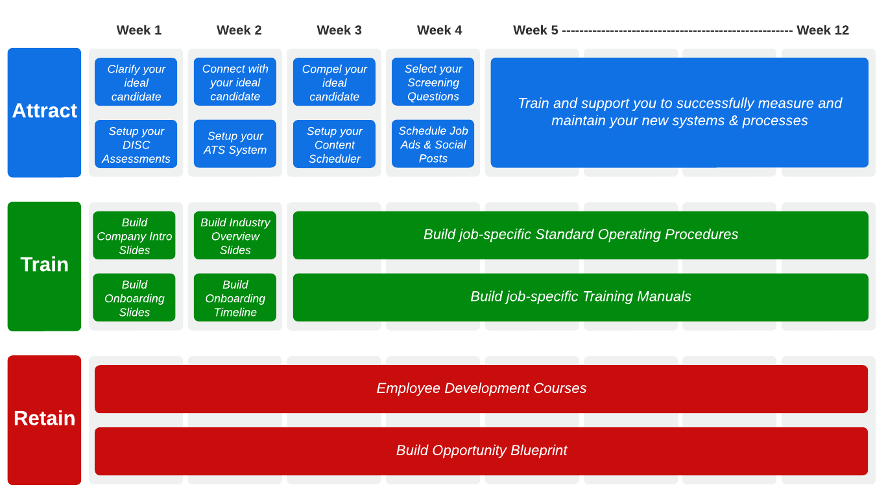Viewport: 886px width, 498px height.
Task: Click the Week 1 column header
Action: click(139, 30)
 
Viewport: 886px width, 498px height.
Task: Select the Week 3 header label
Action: click(339, 30)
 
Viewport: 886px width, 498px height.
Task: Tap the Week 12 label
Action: click(822, 30)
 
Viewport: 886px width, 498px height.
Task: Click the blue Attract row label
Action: click(44, 112)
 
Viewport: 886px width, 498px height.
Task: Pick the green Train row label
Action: click(44, 265)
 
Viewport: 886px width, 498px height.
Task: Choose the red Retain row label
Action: click(44, 419)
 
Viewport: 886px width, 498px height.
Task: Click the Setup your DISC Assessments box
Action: click(136, 145)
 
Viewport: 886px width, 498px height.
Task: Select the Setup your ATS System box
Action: click(235, 143)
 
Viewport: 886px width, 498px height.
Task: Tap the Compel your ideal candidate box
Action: click(334, 82)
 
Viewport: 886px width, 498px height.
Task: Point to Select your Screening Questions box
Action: click(433, 82)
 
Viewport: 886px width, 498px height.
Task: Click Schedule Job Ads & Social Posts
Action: click(433, 145)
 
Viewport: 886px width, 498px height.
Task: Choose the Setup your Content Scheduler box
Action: click(334, 145)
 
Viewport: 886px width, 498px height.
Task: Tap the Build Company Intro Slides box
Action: click(134, 236)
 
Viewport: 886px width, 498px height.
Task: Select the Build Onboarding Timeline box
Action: click(235, 298)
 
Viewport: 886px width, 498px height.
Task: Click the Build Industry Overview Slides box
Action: click(235, 236)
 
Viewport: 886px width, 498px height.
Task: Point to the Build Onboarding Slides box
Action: click(134, 298)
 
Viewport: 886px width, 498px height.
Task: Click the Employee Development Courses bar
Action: click(481, 388)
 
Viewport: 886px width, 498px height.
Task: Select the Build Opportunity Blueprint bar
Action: click(481, 451)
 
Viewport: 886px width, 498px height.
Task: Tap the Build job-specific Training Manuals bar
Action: click(581, 297)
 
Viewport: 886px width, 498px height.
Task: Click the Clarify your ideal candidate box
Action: click(136, 82)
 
